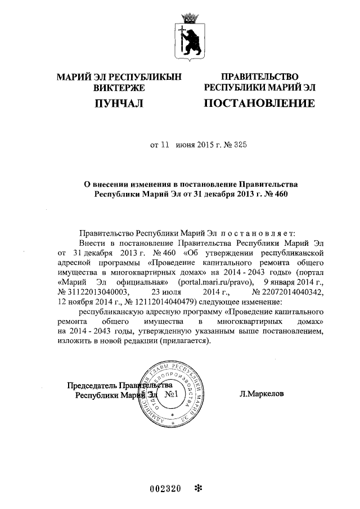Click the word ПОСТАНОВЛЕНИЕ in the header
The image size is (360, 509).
pos(259,103)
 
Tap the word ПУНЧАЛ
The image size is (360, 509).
pos(119,103)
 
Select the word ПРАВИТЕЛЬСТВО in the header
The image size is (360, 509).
pos(259,77)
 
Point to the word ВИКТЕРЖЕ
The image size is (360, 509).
pos(119,87)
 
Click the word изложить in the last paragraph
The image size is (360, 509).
pos(74,341)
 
